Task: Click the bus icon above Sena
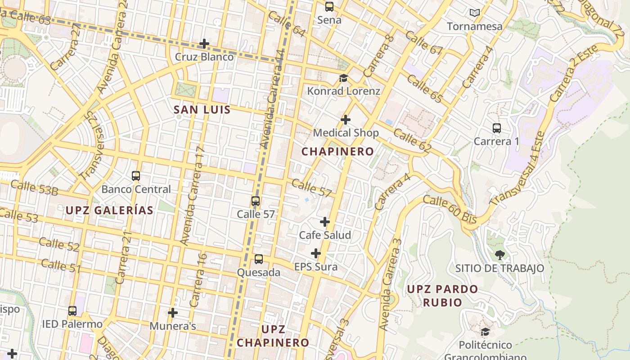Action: [329, 7]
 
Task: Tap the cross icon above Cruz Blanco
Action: [204, 44]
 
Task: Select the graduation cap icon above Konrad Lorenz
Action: [343, 78]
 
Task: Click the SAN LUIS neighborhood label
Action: [202, 110]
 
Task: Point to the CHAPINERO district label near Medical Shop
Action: [337, 152]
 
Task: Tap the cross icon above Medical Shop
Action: [346, 120]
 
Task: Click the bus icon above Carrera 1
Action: [497, 128]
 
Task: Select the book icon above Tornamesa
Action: [475, 13]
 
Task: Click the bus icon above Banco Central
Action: [136, 176]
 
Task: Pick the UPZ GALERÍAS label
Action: [109, 210]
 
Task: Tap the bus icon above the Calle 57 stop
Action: [256, 201]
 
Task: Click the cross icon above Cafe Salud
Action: [325, 222]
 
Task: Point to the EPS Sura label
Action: [316, 267]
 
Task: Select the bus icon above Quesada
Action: [259, 259]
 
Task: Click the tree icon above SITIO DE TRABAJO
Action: [499, 255]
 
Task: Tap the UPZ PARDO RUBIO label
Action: [443, 296]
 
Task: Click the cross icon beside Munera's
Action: [173, 313]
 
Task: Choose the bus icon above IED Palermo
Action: [72, 311]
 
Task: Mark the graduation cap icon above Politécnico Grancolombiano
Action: [485, 332]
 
